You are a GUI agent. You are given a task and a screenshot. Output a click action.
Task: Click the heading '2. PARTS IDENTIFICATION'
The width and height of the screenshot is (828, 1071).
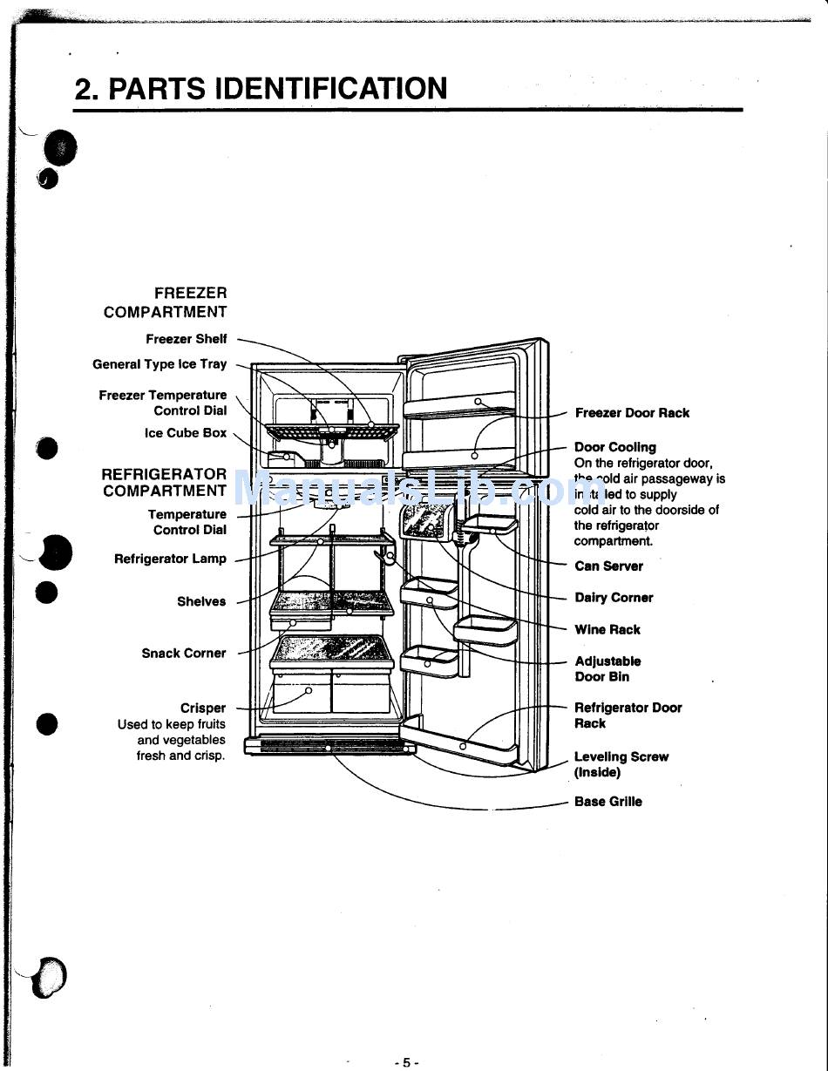261,88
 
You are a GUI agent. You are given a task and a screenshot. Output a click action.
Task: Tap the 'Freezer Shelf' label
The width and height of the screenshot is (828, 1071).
186,339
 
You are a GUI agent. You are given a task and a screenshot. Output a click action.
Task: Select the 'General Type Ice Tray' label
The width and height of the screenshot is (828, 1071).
159,364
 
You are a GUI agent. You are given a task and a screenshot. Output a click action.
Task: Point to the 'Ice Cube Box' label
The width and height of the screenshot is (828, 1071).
185,433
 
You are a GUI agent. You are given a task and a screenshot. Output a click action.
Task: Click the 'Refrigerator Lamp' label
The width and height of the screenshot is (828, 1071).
170,559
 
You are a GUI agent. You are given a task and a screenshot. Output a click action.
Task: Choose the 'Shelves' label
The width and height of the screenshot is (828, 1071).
201,601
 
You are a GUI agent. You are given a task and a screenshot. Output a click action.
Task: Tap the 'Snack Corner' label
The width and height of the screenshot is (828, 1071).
184,653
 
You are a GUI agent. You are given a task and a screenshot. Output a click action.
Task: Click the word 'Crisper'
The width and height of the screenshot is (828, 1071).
203,708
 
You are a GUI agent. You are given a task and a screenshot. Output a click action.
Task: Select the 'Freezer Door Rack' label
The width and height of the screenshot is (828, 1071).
632,413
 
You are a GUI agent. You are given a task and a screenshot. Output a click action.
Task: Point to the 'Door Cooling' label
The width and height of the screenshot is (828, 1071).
615,447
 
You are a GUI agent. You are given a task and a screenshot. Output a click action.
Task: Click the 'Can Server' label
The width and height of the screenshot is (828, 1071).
608,566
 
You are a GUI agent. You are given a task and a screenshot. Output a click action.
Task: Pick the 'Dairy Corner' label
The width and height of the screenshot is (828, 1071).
614,598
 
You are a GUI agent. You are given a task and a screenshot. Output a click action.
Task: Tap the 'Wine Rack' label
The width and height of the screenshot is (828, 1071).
607,629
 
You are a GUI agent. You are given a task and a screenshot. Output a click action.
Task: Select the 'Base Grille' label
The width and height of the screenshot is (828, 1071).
608,802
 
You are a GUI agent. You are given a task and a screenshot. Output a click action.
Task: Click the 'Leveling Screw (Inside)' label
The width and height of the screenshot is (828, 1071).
621,764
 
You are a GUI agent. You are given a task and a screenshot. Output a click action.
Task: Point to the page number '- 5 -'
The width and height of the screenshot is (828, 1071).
407,1062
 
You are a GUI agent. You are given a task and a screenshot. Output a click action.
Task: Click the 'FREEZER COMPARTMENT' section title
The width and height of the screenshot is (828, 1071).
166,302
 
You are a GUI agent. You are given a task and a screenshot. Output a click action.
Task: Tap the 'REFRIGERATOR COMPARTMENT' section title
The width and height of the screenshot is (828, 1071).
164,482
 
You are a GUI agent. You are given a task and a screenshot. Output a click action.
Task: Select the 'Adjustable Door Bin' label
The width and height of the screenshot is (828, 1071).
607,668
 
